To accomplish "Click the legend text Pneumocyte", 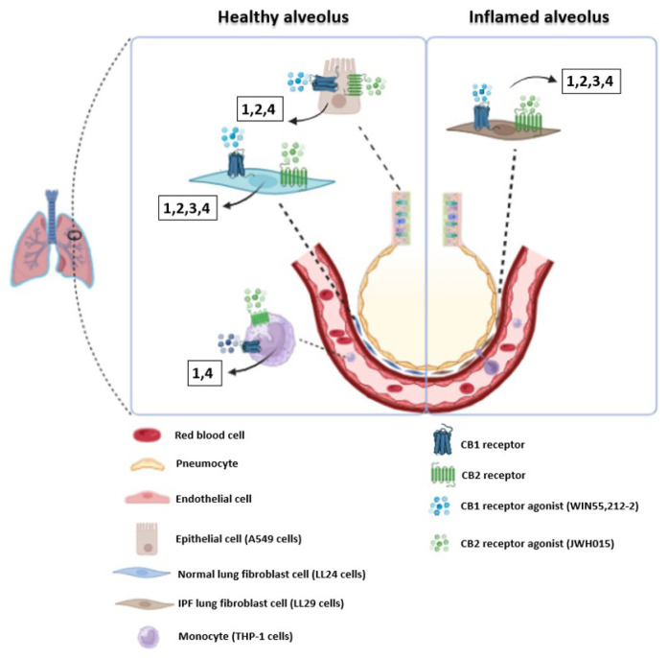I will pos(204,465).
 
